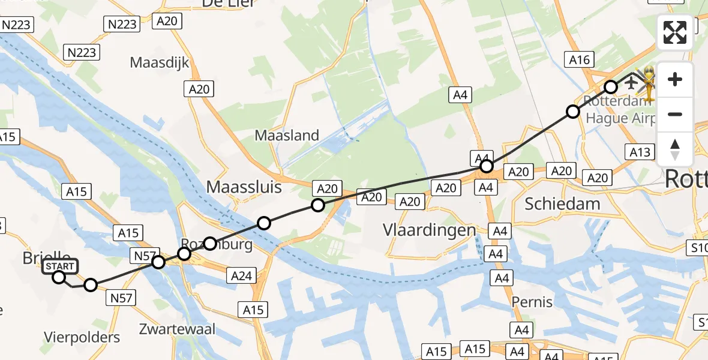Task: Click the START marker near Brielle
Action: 59,267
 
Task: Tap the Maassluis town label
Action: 244,187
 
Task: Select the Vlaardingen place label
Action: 430,230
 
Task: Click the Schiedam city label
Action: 562,203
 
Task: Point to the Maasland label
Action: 287,136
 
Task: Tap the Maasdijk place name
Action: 160,62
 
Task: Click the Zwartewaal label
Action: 177,329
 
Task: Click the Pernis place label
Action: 532,302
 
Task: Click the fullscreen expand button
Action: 675,32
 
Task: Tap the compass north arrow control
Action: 675,149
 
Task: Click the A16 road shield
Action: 579,59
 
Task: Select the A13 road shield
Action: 640,152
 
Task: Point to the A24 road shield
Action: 242,276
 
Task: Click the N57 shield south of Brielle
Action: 121,297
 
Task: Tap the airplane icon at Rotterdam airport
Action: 631,82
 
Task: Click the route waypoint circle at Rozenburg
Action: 209,244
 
